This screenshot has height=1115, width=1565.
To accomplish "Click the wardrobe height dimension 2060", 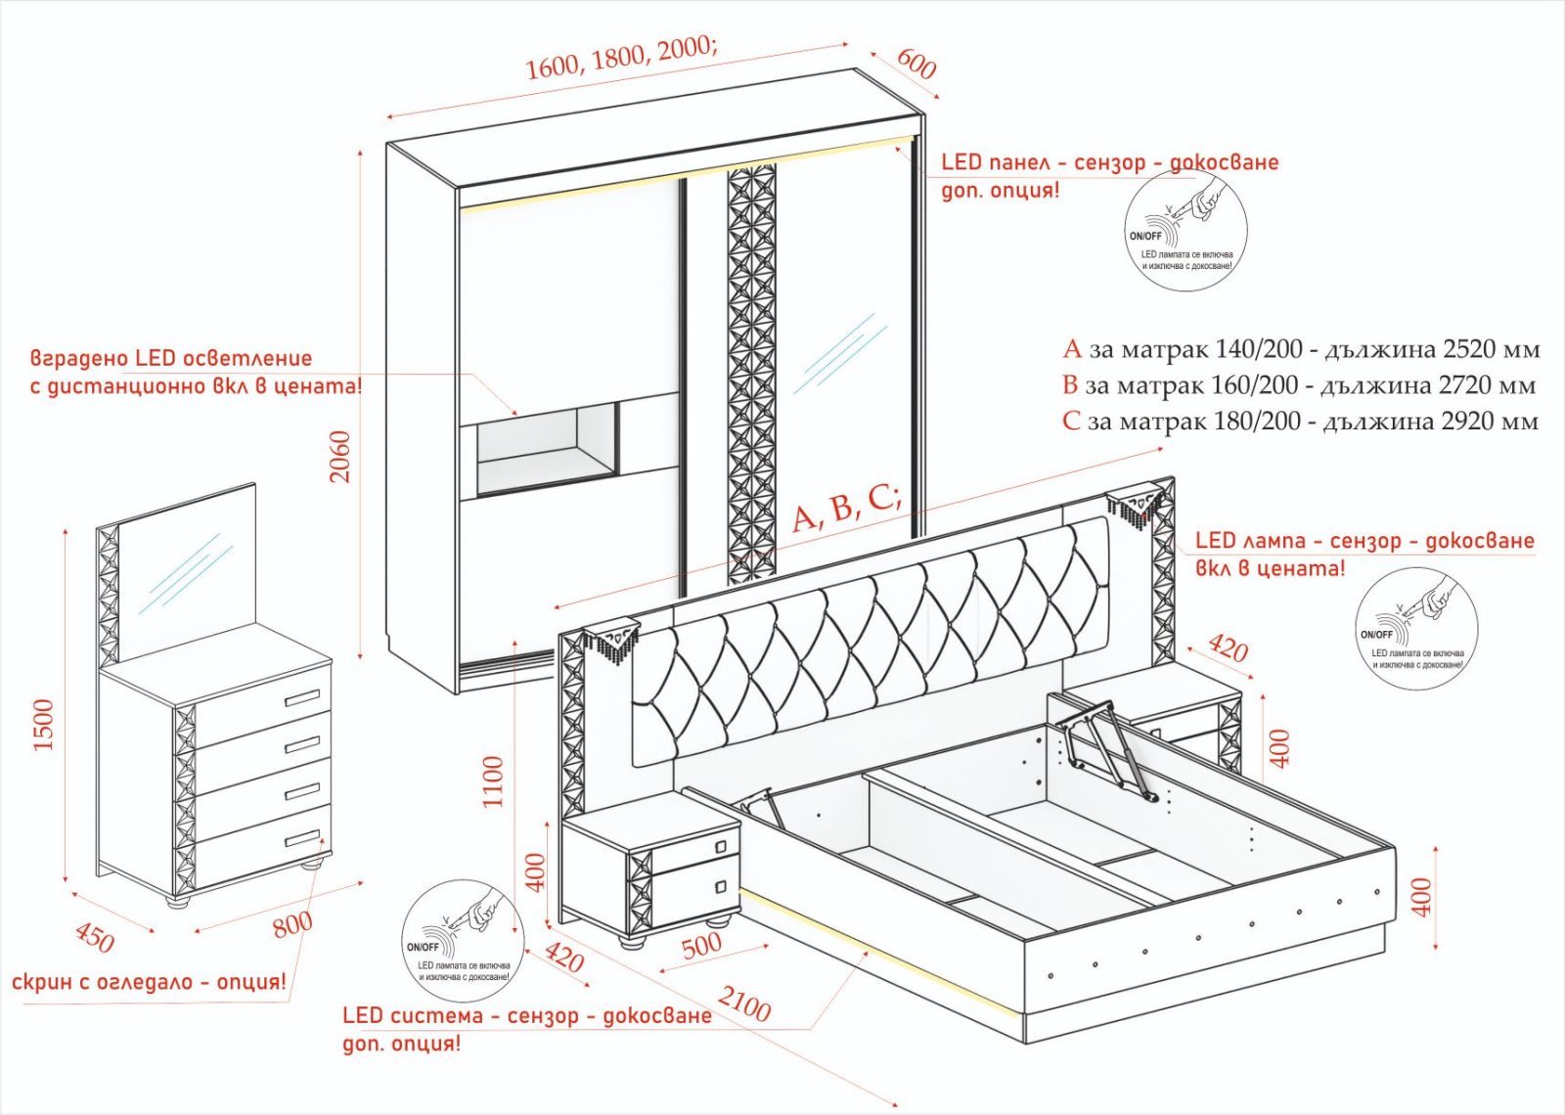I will [x=340, y=456].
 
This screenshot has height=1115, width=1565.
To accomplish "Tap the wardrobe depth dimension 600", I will [x=916, y=64].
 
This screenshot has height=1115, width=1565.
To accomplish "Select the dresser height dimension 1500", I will [x=44, y=724].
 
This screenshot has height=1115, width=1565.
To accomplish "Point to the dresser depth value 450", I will [x=94, y=938].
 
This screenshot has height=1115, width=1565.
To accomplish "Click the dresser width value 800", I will [x=292, y=922].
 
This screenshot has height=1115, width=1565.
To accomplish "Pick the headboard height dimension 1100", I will [x=493, y=780].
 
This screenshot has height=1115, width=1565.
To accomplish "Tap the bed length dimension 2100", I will [x=744, y=1003].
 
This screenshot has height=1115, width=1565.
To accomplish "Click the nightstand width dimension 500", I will [x=701, y=945].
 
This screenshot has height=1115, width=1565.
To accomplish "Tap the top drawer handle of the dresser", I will [x=302, y=698].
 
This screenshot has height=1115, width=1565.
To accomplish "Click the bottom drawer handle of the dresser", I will [x=302, y=838].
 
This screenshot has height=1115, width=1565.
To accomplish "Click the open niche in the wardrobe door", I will [x=548, y=447].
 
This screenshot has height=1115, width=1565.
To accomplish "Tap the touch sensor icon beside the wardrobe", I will [x=1185, y=231].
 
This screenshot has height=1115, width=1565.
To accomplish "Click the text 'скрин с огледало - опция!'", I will [x=150, y=981].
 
